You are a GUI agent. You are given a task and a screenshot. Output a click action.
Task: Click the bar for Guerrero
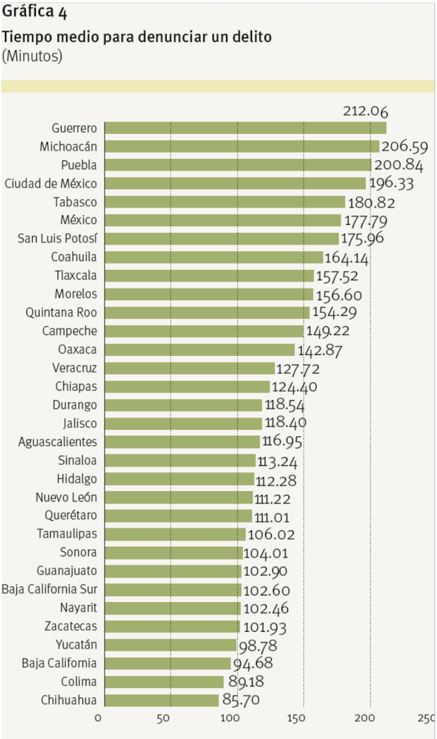[245, 128]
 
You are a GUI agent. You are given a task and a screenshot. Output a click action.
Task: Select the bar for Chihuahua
[162, 700]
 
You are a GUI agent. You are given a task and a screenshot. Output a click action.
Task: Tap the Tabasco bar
[225, 202]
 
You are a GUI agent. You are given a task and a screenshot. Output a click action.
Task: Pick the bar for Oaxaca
[200, 350]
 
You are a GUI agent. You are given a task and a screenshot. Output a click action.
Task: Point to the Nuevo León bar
[178, 497]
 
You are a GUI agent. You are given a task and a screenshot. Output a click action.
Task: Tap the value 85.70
[241, 700]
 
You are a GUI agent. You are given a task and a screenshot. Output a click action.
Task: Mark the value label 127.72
[298, 369]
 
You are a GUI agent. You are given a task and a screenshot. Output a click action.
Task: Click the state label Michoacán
[69, 146]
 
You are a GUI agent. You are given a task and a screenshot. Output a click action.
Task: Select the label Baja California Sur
[49, 589]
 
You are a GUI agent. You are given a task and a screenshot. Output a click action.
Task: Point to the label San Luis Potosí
[57, 239]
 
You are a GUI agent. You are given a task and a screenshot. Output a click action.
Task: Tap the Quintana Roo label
[61, 312]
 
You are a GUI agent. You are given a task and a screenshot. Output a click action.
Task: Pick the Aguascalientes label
[57, 441]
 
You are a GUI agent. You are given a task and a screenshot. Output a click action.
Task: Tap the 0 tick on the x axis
[98, 718]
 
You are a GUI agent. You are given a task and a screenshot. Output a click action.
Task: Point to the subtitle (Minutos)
[32, 56]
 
